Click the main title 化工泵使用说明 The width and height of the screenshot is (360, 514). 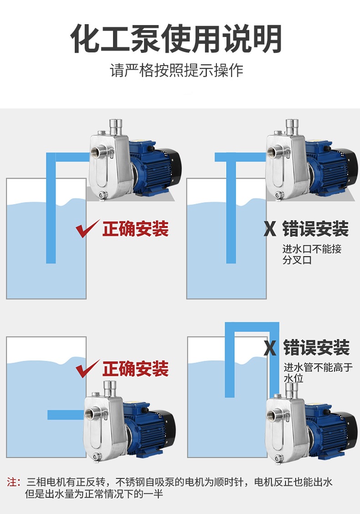tap(176, 40)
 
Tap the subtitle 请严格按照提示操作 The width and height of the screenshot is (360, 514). tap(177, 71)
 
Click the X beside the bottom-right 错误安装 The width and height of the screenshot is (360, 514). tap(270, 348)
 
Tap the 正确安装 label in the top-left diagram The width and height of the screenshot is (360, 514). tap(135, 229)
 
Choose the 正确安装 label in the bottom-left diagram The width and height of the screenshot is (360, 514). tap(135, 369)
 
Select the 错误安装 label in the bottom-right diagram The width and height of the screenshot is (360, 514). tap(316, 348)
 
